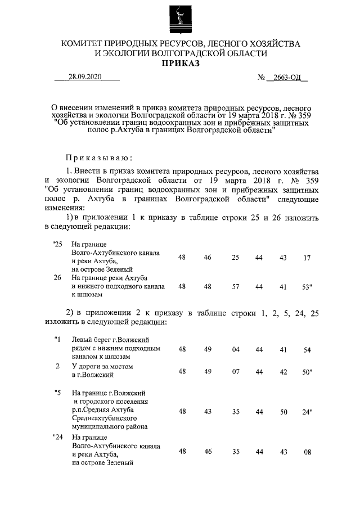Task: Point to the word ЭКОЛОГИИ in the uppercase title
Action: [x=129, y=53]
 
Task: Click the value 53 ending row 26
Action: [x=306, y=286]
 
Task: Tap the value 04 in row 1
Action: [x=236, y=349]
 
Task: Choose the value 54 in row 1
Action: [x=307, y=349]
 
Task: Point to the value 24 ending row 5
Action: [x=306, y=412]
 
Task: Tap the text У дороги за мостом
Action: [x=102, y=367]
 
